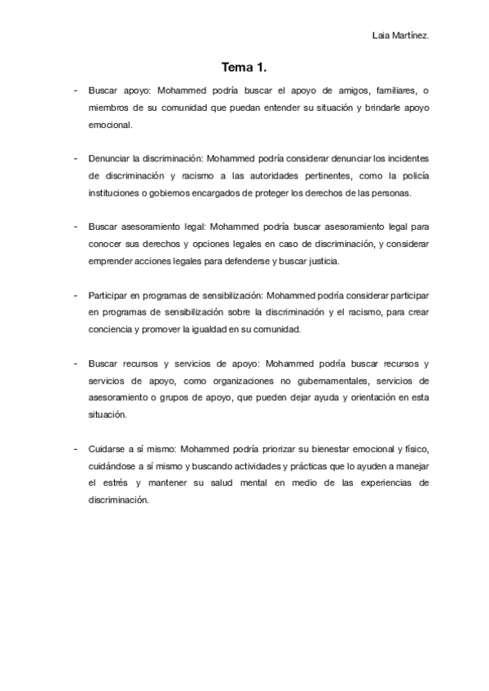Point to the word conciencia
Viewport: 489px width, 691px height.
111,330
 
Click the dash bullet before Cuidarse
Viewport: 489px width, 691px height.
75,449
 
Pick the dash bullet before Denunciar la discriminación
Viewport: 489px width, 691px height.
75,159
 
